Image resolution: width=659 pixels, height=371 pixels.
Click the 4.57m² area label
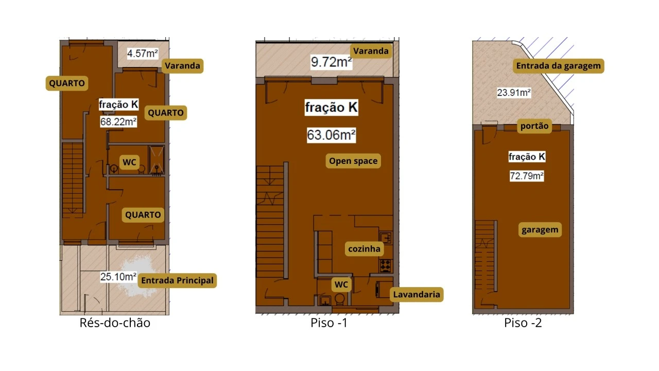(143, 54)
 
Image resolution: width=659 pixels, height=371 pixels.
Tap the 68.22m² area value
(118, 122)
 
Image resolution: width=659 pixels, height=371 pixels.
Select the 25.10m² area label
(118, 277)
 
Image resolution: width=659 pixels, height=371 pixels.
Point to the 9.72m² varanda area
(331, 62)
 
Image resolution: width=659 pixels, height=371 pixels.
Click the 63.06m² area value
(331, 135)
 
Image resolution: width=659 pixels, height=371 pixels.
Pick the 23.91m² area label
(514, 93)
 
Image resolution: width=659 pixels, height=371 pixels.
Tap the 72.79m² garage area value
(527, 176)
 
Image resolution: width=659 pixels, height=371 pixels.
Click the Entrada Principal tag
(178, 280)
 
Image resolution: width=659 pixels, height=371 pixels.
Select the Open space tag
(353, 161)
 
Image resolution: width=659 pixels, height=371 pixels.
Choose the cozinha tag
(364, 249)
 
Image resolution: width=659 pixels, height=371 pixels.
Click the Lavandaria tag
(417, 294)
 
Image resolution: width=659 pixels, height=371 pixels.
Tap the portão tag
(534, 126)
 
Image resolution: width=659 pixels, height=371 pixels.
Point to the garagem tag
(540, 230)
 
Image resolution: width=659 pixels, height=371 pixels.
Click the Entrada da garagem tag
(559, 65)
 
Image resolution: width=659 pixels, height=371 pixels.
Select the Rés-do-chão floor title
(115, 323)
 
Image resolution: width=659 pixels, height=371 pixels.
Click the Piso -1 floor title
(329, 323)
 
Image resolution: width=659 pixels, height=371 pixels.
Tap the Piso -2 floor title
(523, 323)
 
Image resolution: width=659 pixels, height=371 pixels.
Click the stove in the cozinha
(386, 265)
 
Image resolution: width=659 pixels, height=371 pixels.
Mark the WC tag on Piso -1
(341, 284)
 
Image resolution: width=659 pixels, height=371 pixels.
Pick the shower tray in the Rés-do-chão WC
(157, 160)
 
